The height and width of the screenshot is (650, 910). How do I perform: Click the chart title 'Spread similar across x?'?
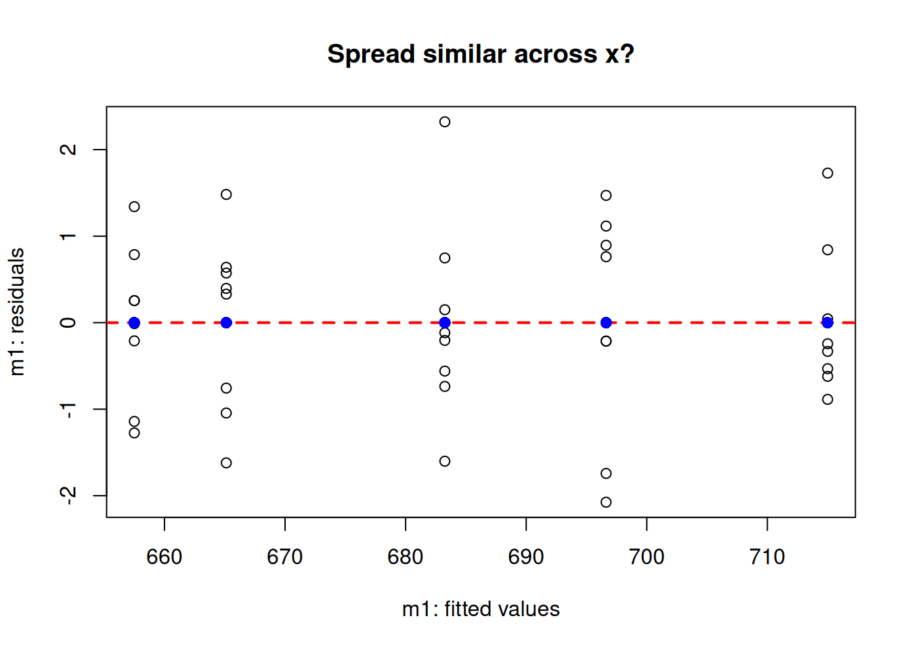pyautogui.click(x=481, y=54)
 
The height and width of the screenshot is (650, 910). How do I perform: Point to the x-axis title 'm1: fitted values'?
pyautogui.click(x=481, y=609)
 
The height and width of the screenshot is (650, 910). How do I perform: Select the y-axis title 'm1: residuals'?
pyautogui.click(x=18, y=312)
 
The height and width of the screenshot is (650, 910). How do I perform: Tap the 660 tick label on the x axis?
pyautogui.click(x=164, y=557)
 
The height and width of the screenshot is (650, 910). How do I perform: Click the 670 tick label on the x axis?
pyautogui.click(x=285, y=557)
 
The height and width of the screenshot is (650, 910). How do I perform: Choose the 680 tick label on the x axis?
pyautogui.click(x=406, y=557)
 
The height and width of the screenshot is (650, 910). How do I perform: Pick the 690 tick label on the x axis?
pyautogui.click(x=525, y=557)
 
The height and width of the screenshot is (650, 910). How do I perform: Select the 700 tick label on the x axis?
pyautogui.click(x=647, y=557)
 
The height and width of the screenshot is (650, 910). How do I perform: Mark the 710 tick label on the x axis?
pyautogui.click(x=767, y=557)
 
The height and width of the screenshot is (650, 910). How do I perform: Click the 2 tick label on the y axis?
pyautogui.click(x=68, y=150)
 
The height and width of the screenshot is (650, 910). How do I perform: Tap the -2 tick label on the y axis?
pyautogui.click(x=68, y=495)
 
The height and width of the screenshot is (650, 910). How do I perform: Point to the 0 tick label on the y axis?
pyautogui.click(x=68, y=322)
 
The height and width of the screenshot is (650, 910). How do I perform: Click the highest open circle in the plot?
pyautogui.click(x=445, y=122)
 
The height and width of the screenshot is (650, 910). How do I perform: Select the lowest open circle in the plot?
pyautogui.click(x=606, y=502)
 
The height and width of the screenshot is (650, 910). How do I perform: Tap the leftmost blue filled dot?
pyautogui.click(x=135, y=322)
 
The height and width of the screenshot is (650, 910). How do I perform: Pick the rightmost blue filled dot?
pyautogui.click(x=827, y=322)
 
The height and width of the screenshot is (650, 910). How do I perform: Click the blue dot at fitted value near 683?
pyautogui.click(x=445, y=322)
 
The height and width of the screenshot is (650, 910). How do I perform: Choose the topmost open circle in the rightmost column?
pyautogui.click(x=827, y=173)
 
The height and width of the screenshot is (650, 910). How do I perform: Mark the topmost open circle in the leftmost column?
pyautogui.click(x=135, y=207)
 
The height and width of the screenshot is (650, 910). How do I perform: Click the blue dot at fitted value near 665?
pyautogui.click(x=226, y=322)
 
